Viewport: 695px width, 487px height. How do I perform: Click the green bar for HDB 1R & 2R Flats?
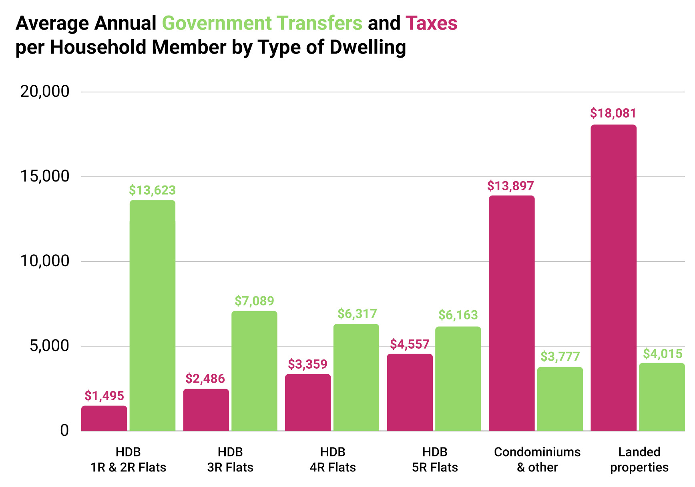click(153, 315)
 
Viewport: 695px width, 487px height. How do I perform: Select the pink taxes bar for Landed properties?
click(613, 278)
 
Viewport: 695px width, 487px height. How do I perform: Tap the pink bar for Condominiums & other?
click(512, 313)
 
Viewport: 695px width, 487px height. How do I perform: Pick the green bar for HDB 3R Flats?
click(254, 371)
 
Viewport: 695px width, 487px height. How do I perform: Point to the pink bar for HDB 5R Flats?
click(410, 392)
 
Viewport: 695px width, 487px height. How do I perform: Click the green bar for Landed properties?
click(662, 397)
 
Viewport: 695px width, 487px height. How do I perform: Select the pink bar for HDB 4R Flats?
click(308, 402)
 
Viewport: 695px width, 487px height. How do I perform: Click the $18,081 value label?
click(613, 114)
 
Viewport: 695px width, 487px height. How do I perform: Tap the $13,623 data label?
click(152, 190)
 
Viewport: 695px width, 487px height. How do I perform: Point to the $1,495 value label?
click(104, 396)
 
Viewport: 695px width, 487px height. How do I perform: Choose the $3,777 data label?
click(560, 357)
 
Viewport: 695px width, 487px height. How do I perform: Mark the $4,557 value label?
click(410, 344)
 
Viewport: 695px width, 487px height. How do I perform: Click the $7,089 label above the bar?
click(254, 301)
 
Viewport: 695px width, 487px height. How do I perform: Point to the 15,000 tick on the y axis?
click(45, 176)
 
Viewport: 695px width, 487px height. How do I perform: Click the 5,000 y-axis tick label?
click(49, 346)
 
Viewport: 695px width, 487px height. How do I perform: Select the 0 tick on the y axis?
click(64, 431)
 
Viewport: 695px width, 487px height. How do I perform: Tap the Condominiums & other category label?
click(537, 459)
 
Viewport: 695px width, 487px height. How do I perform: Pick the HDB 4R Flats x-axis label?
click(333, 459)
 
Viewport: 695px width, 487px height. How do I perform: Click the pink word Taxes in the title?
click(431, 23)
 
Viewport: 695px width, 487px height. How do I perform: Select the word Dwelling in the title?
click(368, 47)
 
